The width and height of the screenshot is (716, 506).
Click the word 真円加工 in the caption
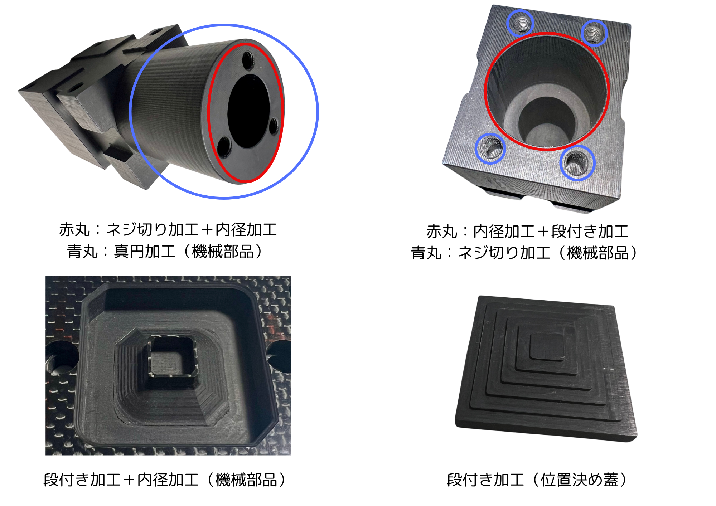pos(145,252)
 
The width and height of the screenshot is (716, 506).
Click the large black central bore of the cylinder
pos(248,111)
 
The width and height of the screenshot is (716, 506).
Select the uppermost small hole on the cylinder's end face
pos(248,60)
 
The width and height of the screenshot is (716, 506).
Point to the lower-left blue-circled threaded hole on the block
pos(490,149)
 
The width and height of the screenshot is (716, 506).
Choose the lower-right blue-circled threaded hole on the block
pos(577,162)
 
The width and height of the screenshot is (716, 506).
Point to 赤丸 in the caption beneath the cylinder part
pos(74,230)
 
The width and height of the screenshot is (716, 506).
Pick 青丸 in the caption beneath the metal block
pos(426,253)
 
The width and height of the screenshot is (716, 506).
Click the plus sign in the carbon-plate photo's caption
pos(129,480)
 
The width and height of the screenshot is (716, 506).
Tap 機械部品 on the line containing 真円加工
pos(223,252)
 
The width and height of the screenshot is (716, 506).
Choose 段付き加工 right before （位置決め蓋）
pos(485,480)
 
